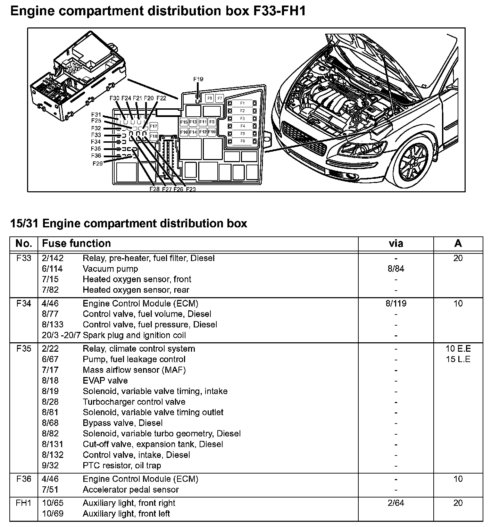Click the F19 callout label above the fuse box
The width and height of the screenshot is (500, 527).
click(198, 80)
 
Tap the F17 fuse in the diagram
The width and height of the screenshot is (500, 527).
click(153, 126)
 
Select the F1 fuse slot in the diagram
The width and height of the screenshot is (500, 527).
click(242, 103)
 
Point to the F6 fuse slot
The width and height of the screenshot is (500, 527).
click(242, 141)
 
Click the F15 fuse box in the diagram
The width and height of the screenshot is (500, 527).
click(184, 122)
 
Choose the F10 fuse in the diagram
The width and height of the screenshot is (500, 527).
click(212, 132)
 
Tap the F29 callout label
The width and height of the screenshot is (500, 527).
click(98, 164)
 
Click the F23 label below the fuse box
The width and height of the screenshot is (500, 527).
click(191, 189)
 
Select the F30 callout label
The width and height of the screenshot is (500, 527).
click(114, 99)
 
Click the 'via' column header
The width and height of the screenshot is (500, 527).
click(396, 243)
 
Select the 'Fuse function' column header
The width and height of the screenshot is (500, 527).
click(76, 243)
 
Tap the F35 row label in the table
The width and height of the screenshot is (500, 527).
click(24, 349)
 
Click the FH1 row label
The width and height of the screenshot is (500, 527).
click(24, 503)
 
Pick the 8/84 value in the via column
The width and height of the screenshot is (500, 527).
click(396, 269)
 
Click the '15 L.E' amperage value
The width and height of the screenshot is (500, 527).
click(458, 359)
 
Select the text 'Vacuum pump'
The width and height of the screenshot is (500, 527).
click(110, 269)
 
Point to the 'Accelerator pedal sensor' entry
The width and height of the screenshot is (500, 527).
click(131, 490)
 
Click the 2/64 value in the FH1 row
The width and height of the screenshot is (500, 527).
click(396, 503)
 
